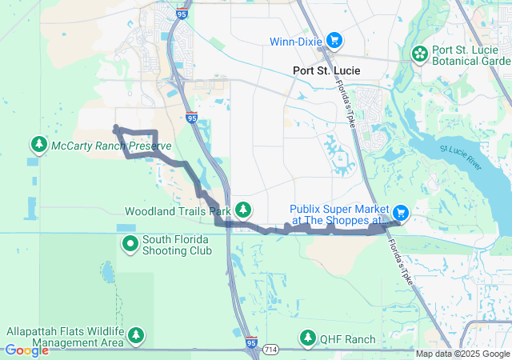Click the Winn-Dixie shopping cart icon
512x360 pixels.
coord(334,38)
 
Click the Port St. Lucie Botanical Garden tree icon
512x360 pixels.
coord(419,54)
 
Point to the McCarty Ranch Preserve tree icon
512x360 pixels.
coord(38,144)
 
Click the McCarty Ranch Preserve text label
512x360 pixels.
coord(111,146)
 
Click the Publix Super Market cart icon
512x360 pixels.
coord(401,213)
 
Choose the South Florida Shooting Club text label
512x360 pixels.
coord(177,245)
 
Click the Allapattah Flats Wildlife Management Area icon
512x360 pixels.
coord(137,335)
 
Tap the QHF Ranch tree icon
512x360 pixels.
coord(308,338)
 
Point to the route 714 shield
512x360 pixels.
coord(271,350)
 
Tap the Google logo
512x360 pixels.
coord(26,350)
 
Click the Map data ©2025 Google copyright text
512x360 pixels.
coord(462,354)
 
